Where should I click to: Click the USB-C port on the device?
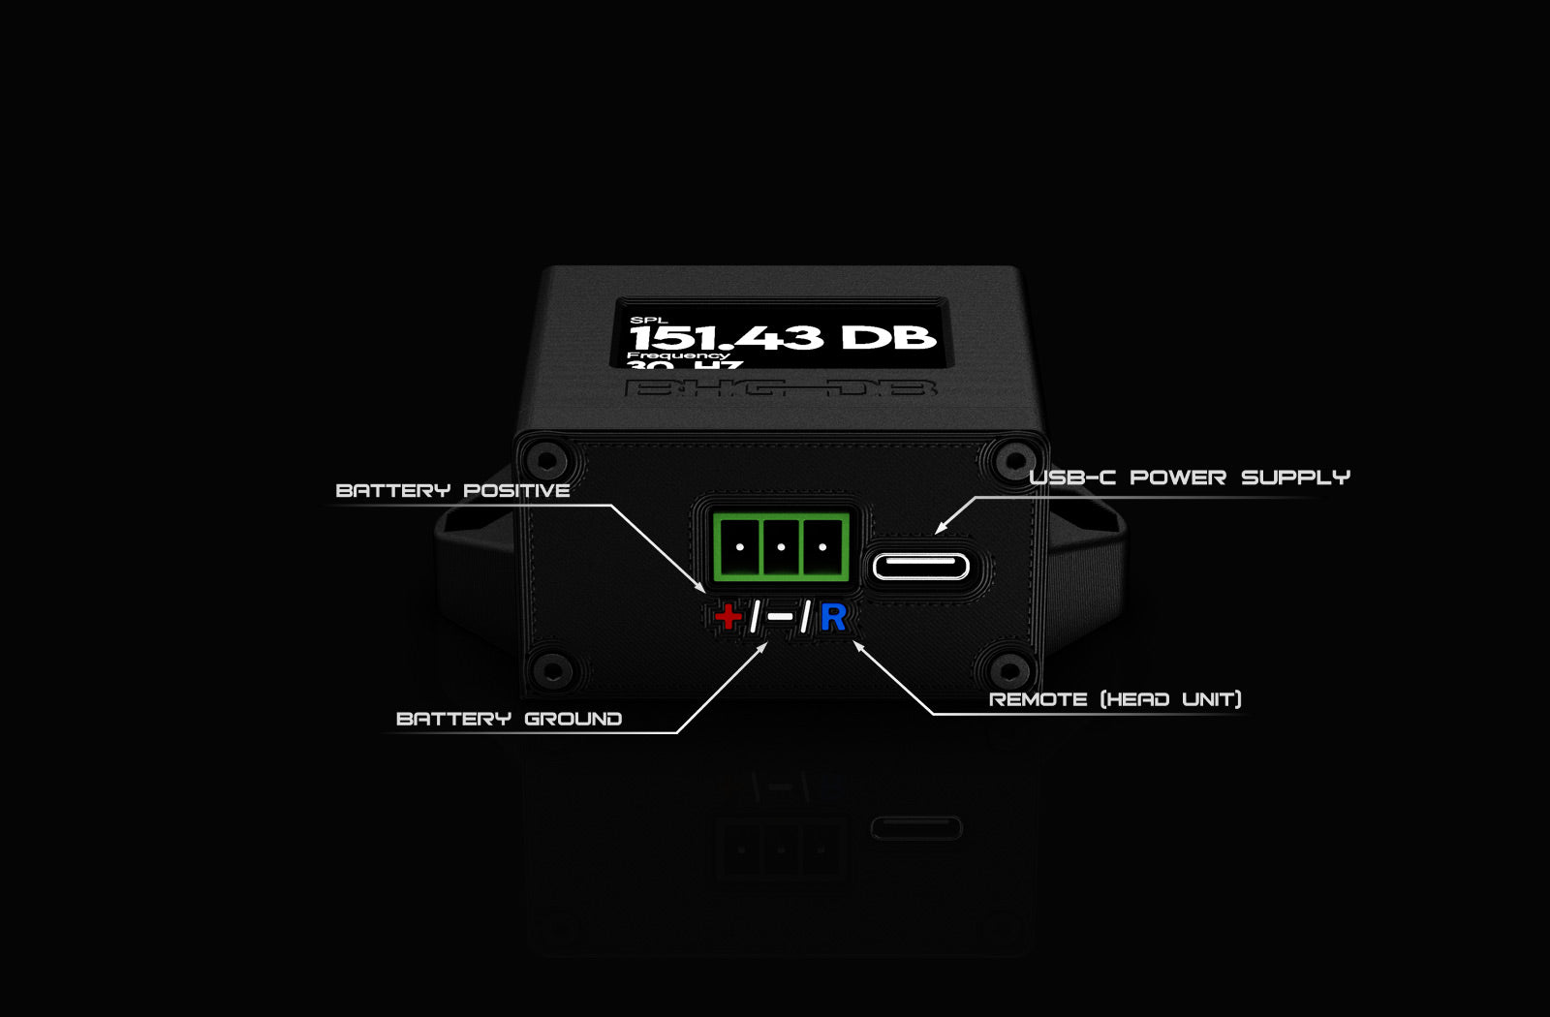[920, 566]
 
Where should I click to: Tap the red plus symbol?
[728, 617]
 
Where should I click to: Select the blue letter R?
[833, 617]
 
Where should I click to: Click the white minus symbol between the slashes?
[780, 617]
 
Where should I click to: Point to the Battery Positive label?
[452, 490]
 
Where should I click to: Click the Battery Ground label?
[509, 719]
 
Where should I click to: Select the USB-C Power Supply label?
[1189, 478]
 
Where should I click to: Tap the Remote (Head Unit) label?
[1115, 699]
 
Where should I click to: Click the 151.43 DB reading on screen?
[782, 337]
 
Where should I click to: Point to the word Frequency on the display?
[678, 355]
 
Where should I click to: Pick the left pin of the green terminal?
[740, 547]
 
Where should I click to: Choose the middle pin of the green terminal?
[781, 547]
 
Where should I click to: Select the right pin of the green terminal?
[821, 547]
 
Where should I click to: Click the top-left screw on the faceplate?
[545, 458]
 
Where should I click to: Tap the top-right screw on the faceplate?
[1014, 458]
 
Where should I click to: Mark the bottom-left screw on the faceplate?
[552, 667]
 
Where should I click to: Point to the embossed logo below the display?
[781, 388]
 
